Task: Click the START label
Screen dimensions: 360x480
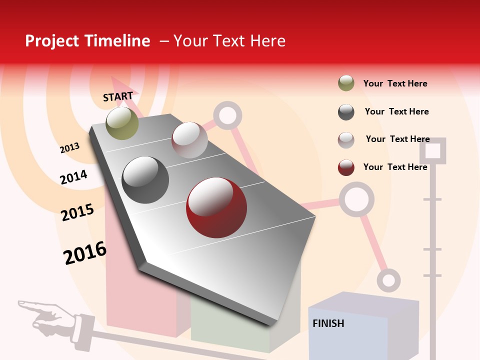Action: tap(118, 96)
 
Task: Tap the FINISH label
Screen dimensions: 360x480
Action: tap(328, 323)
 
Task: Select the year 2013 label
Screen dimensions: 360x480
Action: tap(69, 147)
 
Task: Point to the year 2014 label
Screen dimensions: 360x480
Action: tap(73, 177)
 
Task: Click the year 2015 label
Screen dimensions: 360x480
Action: tap(77, 212)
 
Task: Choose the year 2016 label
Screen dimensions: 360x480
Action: tap(85, 253)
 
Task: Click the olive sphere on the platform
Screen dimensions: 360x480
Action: tap(122, 123)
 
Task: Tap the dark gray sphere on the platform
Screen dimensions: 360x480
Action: tap(145, 180)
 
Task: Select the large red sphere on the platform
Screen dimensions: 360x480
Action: tap(216, 207)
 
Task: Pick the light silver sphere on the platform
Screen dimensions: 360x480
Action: tap(189, 140)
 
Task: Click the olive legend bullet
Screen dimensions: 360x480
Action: tap(346, 83)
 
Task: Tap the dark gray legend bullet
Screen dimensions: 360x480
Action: tap(346, 112)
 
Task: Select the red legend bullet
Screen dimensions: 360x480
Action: tap(346, 167)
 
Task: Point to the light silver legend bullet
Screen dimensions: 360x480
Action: tap(346, 139)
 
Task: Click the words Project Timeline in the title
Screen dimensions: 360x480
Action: tap(87, 41)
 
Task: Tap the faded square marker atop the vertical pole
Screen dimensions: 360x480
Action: tap(432, 150)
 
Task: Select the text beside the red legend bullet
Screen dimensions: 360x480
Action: tap(395, 167)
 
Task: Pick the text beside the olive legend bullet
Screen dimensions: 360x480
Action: tap(395, 83)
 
